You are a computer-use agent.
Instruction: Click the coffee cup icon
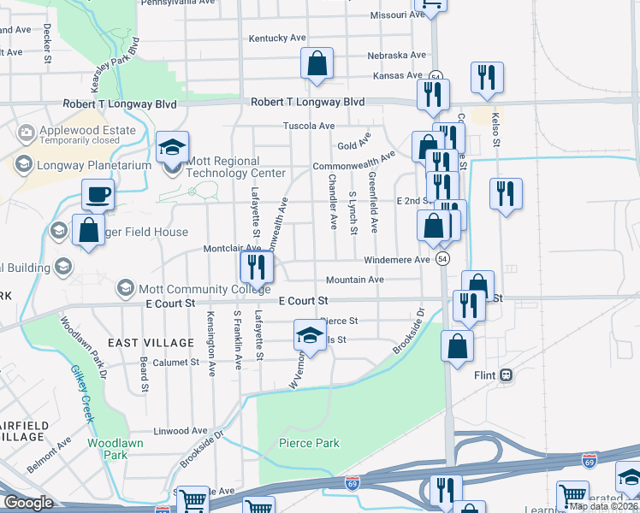pyautogui.click(x=98, y=194)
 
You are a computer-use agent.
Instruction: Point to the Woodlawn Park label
pyautogui.click(x=108, y=449)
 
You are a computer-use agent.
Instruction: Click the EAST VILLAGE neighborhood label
pyautogui.click(x=157, y=343)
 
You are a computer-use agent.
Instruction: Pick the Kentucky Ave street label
pyautogui.click(x=277, y=38)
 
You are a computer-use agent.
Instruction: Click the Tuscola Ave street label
pyautogui.click(x=309, y=126)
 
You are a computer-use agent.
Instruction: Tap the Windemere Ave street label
pyautogui.click(x=396, y=260)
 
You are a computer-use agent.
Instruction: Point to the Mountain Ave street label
pyautogui.click(x=354, y=280)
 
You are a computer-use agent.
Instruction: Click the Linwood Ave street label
pyautogui.click(x=181, y=431)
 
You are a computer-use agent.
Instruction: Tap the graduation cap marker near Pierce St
pyautogui.click(x=310, y=335)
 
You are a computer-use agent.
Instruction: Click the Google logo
pyautogui.click(x=28, y=503)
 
